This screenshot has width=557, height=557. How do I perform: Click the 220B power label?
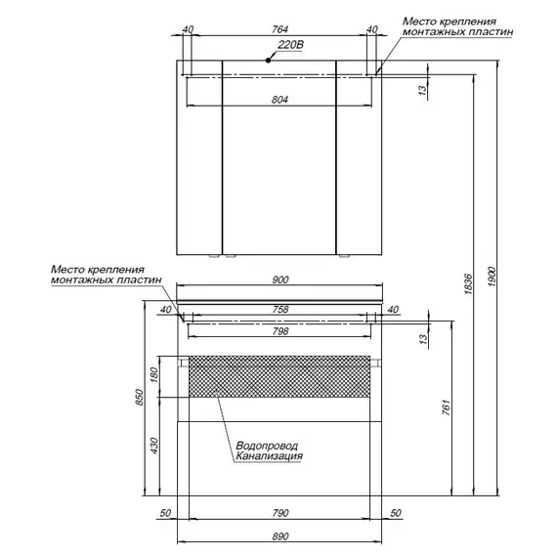click(290, 45)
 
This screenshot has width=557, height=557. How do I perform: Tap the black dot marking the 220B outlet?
click(268, 61)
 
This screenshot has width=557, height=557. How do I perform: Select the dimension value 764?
click(279, 29)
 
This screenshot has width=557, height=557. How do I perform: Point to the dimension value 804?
click(279, 100)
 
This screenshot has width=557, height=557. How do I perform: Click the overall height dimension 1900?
click(493, 278)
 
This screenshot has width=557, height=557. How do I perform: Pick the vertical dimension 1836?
click(468, 283)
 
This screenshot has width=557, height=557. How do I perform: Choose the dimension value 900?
click(280, 279)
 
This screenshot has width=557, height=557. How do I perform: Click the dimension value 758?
click(280, 310)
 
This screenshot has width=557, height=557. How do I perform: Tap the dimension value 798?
click(280, 331)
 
